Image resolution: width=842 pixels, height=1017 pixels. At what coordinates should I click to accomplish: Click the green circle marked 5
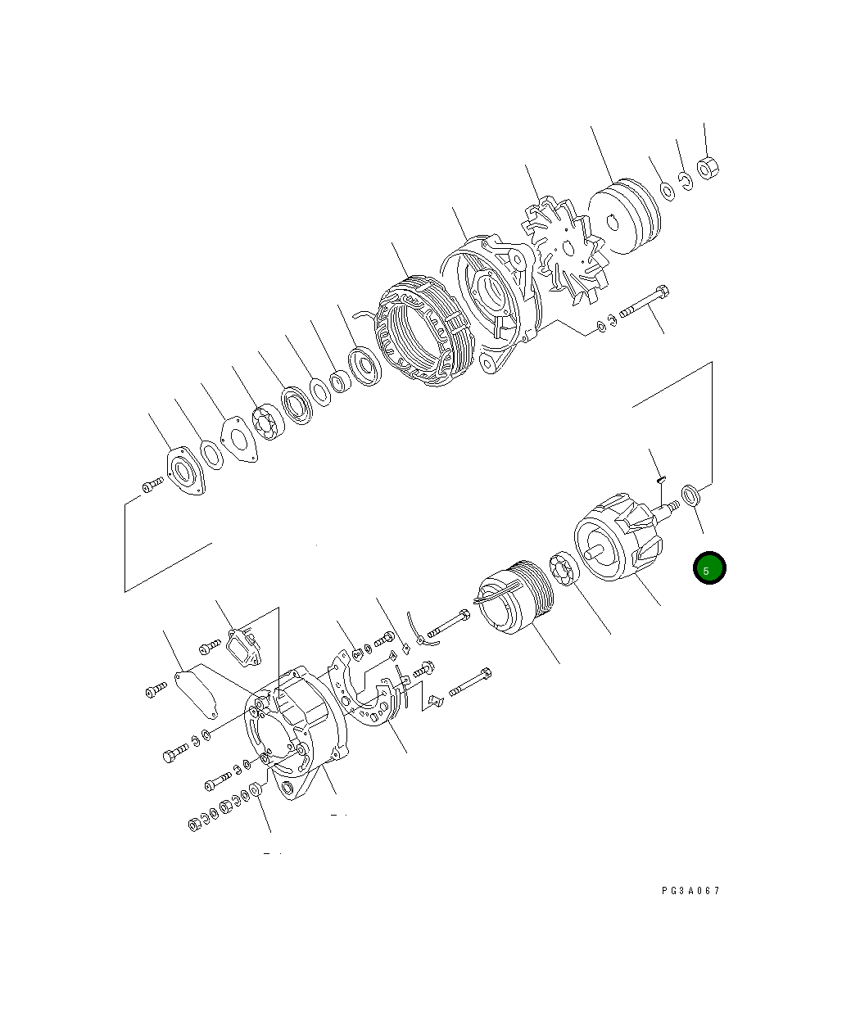coord(709,568)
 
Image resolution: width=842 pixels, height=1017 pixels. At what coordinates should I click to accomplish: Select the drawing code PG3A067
coord(690,891)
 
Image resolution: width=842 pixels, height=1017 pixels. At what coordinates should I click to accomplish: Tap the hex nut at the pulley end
coord(708,168)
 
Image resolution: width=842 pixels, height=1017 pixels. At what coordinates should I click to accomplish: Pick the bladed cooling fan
coord(564,246)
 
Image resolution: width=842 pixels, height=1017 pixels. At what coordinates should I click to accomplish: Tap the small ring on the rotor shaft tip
coord(693,496)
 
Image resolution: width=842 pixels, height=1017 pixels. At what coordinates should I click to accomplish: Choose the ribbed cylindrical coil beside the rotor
coord(514,599)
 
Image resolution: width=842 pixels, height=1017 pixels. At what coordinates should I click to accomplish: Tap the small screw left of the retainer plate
coord(151,486)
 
